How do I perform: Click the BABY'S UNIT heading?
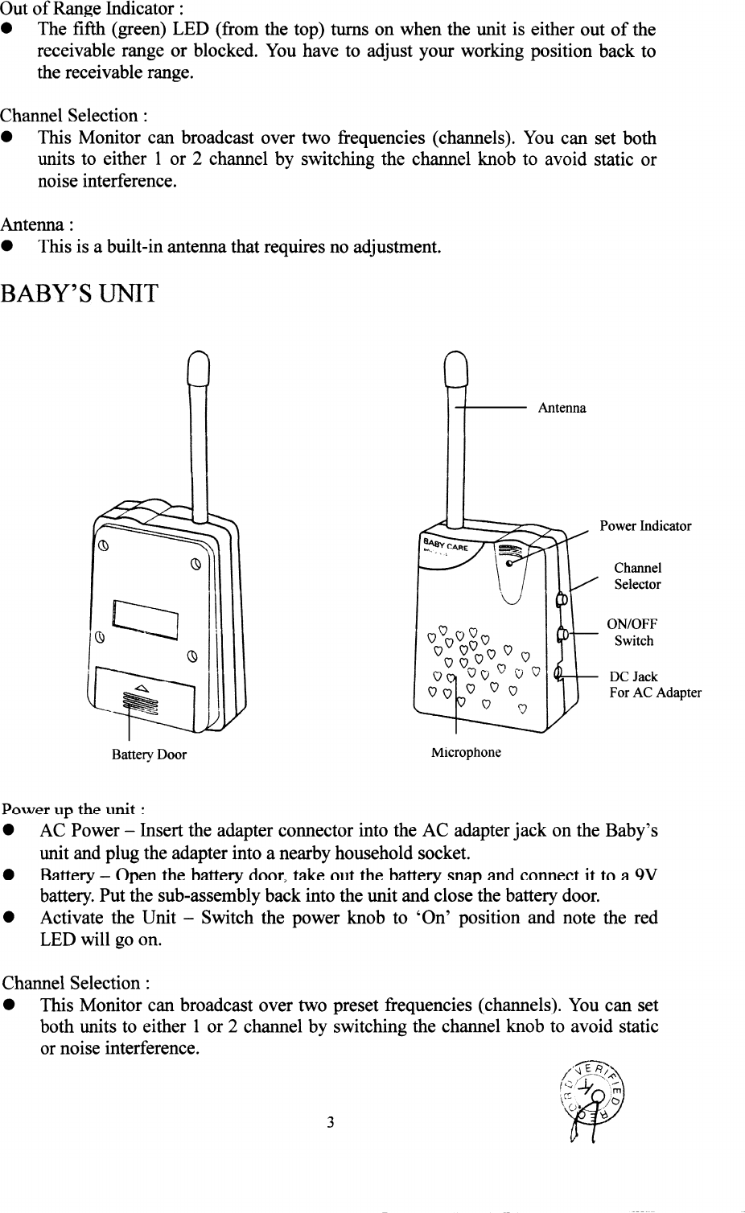(80, 294)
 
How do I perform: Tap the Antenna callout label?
(562, 408)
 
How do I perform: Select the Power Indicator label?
(645, 526)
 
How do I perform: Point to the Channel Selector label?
(637, 576)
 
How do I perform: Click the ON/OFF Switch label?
(632, 632)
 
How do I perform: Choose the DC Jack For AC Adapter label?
(655, 685)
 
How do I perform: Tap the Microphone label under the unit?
(466, 753)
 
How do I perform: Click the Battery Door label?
(149, 755)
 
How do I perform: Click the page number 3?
(330, 1123)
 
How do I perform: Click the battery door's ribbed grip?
(142, 703)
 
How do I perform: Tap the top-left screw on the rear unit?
(102, 546)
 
